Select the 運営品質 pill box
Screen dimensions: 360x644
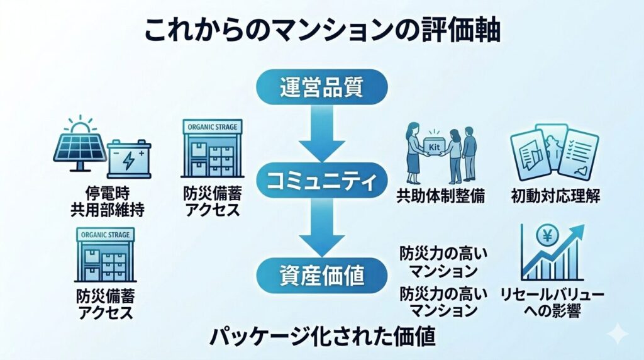click(x=321, y=87)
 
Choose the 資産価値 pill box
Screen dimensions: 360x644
click(x=321, y=274)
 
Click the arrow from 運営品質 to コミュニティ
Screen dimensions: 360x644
click(x=321, y=135)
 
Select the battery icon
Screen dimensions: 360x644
click(x=130, y=159)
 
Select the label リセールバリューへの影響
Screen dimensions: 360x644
click(x=552, y=302)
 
